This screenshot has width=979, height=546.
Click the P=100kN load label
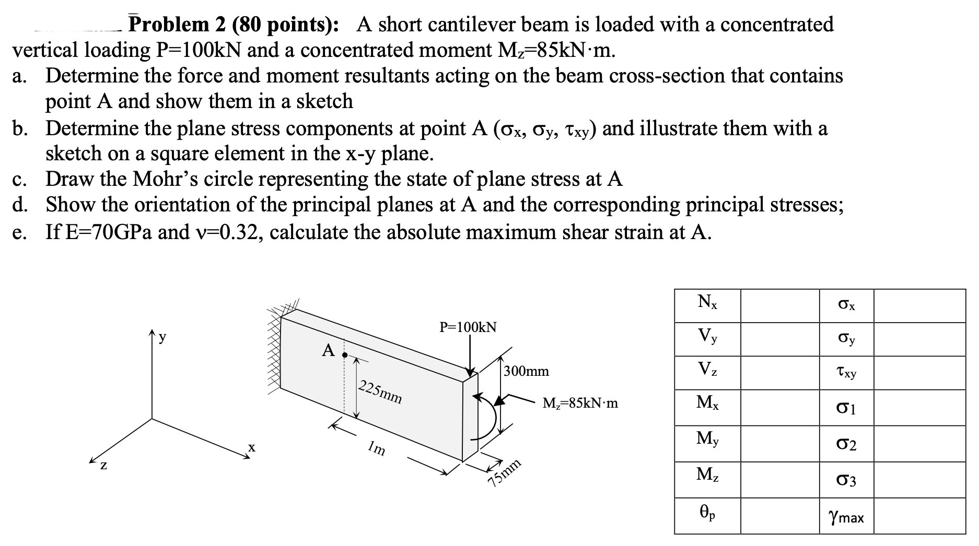pyautogui.click(x=468, y=327)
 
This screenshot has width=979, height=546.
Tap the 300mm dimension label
pyautogui.click(x=526, y=371)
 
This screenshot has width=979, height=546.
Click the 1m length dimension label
pyautogui.click(x=376, y=447)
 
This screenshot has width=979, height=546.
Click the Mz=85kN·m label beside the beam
pyautogui.click(x=580, y=403)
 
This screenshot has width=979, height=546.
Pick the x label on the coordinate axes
pyautogui.click(x=252, y=447)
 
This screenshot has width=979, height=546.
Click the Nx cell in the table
pyautogui.click(x=707, y=302)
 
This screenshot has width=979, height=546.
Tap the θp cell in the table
pyautogui.click(x=707, y=514)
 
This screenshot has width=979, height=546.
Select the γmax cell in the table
pyautogui.click(x=846, y=517)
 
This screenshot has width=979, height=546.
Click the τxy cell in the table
pyautogui.click(x=846, y=373)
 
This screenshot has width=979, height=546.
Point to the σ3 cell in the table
pyautogui.click(x=846, y=480)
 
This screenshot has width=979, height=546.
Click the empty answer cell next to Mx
pyautogui.click(x=779, y=407)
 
